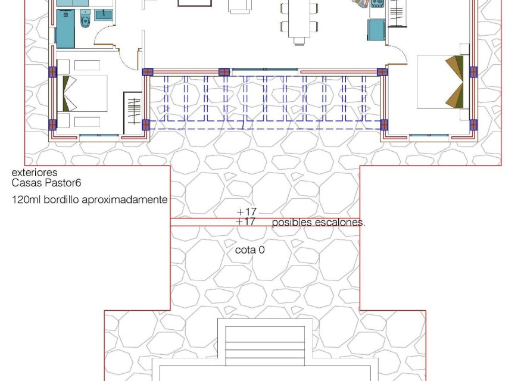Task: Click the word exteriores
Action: coord(35,173)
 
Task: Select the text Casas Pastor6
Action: coord(43,183)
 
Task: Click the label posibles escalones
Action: coord(319,223)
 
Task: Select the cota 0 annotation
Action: coord(249,250)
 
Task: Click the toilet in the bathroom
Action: coord(85,21)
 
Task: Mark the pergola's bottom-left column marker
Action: coord(146,124)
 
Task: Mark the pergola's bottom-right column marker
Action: coord(384,125)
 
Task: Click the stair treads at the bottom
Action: coord(264,349)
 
